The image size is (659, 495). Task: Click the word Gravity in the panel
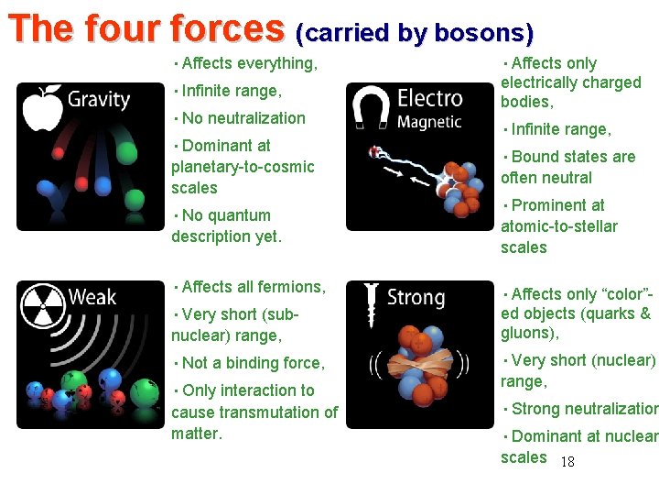click(x=99, y=99)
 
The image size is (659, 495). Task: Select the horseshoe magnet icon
click(x=370, y=104)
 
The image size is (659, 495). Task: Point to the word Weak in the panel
click(x=92, y=297)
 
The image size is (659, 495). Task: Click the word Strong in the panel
click(x=416, y=297)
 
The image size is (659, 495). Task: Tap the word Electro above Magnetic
click(x=428, y=97)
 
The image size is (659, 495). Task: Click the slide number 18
click(x=567, y=462)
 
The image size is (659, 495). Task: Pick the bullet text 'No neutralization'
click(x=243, y=118)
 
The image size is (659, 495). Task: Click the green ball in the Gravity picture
click(x=134, y=199)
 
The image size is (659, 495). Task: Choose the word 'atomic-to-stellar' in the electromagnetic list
click(x=558, y=226)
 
